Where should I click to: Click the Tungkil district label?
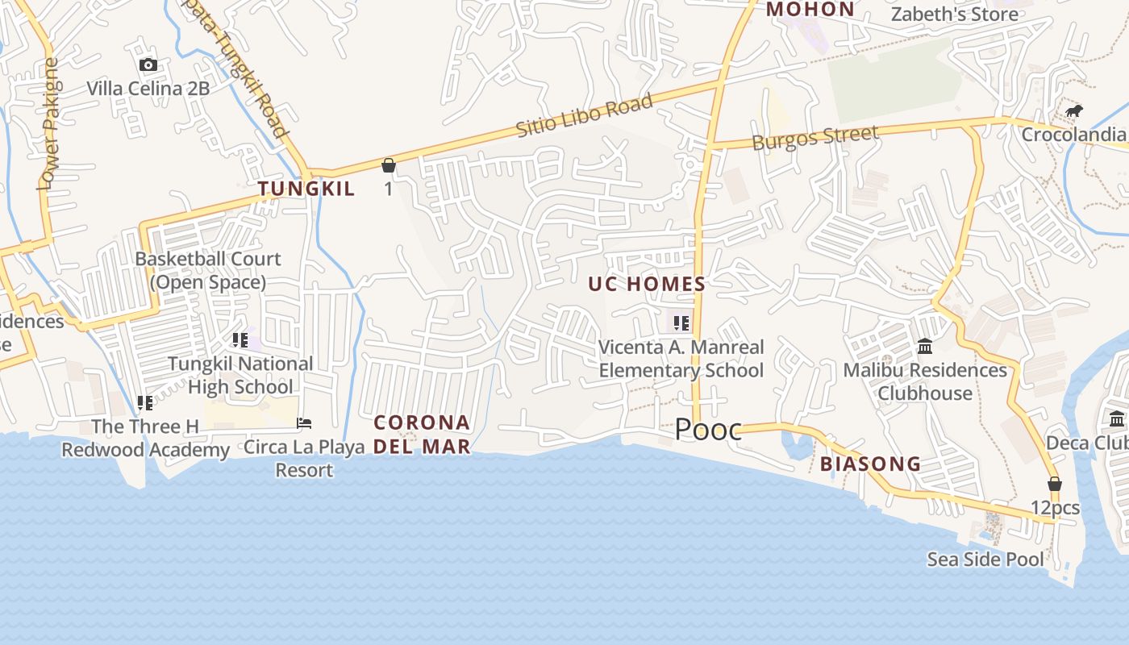click(306, 189)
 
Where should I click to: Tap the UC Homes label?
click(647, 284)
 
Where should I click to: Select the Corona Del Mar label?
click(422, 434)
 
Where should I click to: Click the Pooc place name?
click(707, 430)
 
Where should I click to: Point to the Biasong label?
click(870, 464)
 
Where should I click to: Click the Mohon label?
click(810, 10)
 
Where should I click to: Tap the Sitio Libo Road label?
click(584, 116)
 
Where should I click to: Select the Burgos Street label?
click(814, 137)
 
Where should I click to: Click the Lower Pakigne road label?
click(49, 124)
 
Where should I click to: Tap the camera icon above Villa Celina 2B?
click(148, 65)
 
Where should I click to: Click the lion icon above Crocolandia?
click(1073, 111)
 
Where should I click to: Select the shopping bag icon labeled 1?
click(389, 165)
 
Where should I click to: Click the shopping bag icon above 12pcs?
click(1054, 484)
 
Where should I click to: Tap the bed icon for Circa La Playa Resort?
click(304, 422)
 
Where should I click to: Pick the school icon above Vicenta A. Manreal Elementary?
click(681, 323)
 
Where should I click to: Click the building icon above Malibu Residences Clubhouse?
click(925, 347)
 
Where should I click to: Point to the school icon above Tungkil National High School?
click(240, 340)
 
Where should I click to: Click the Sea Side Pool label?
click(985, 559)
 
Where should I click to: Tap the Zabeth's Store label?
click(954, 15)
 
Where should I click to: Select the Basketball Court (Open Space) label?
click(208, 270)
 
